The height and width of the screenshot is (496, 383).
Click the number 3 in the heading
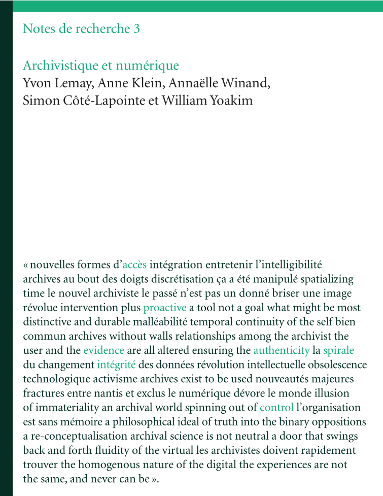136,29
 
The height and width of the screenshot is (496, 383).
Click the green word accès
134,264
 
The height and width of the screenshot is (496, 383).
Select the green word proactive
165,308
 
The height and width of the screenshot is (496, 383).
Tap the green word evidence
103,350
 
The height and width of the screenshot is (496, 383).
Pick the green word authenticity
281,350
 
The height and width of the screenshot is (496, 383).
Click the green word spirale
338,350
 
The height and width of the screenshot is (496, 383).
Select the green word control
276,407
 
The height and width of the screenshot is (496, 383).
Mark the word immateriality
64,407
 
